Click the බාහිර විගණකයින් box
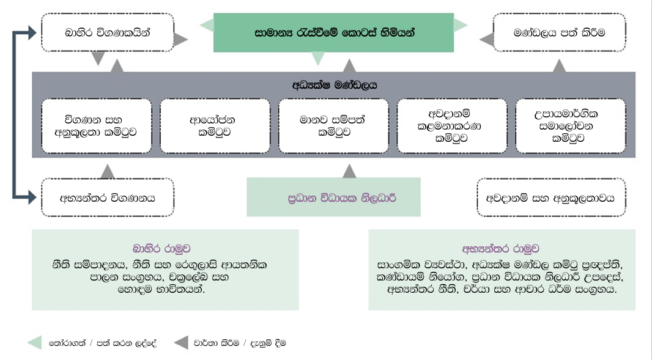pos(107,32)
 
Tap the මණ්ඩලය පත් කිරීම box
pos(559,32)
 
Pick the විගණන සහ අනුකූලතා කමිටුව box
pos(97,125)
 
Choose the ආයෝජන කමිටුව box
pos(215,125)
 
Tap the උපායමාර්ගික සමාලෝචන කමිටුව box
pos(570,125)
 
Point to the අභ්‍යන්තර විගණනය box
pos(107,197)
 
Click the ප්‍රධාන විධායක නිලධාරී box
pos(333,197)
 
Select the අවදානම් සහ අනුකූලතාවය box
pos(550,197)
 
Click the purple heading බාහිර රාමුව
pos(165,249)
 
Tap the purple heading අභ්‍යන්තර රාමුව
pos(502,249)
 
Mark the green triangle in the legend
pos(35,343)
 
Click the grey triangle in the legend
pos(181,343)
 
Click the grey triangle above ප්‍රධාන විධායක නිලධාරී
pos(349,171)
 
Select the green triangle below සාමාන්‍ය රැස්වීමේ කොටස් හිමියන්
pos(317,59)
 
